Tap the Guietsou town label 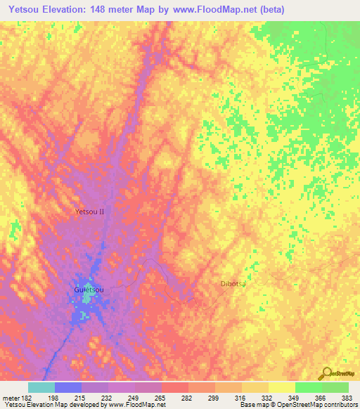point(89,289)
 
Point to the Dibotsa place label point(233,284)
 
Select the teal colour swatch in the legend point(41,387)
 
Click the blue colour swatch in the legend point(67,387)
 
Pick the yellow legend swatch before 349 point(281,387)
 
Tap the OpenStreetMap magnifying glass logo point(326,374)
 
